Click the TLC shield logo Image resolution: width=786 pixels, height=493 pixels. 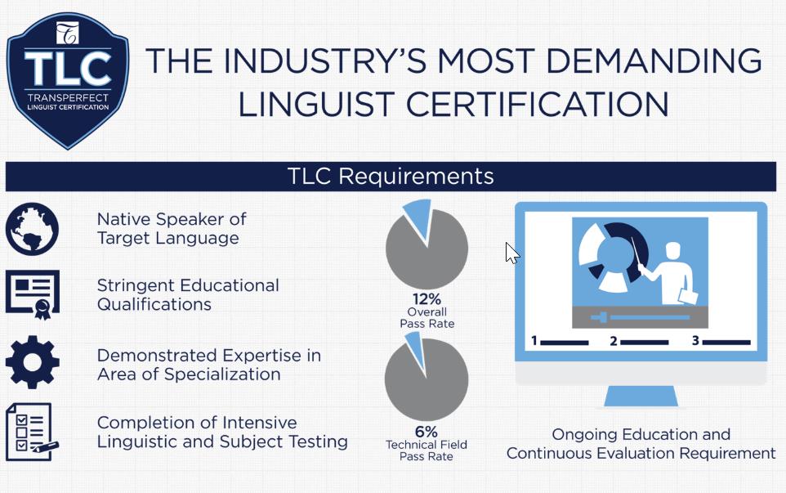tap(68, 80)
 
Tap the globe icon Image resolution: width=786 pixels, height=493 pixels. tap(32, 229)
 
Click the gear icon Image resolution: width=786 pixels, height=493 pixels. tap(33, 362)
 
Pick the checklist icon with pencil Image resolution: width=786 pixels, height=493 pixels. tap(32, 432)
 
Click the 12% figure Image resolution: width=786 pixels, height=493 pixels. tap(426, 299)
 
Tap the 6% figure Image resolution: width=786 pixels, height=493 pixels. tap(426, 432)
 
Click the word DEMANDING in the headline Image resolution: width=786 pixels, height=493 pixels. tap(654, 61)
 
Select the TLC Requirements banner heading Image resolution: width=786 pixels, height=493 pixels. tap(391, 176)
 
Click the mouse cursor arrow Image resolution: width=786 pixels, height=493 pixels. tap(512, 253)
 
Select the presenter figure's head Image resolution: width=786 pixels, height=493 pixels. tap(672, 251)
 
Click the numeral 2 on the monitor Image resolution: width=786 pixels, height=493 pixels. tap(614, 341)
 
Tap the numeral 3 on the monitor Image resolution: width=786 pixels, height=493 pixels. tap(695, 341)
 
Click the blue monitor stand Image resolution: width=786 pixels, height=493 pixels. tap(641, 396)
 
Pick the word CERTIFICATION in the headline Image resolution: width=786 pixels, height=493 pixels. tap(537, 105)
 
